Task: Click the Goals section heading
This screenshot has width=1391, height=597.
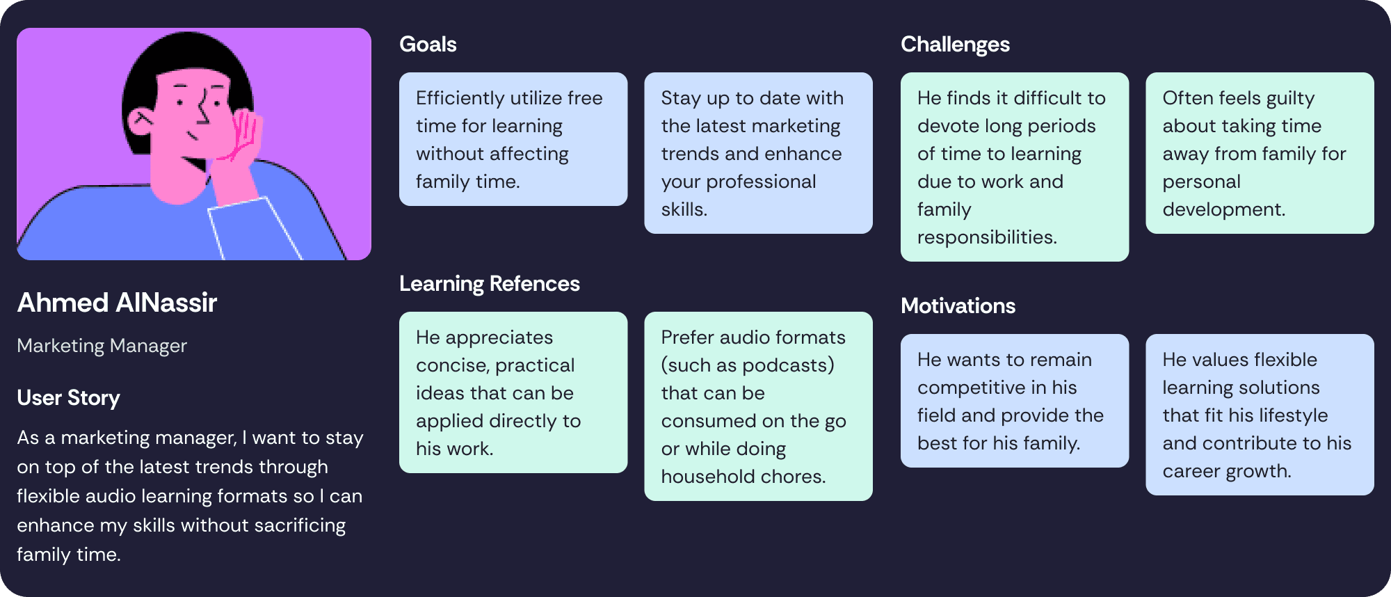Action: coord(428,45)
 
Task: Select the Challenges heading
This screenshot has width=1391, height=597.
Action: coord(955,45)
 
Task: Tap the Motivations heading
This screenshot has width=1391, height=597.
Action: coord(958,306)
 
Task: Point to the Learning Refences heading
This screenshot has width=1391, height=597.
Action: coord(490,284)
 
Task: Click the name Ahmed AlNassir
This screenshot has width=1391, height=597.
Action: coord(117,303)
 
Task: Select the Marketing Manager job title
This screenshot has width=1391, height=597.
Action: coord(102,346)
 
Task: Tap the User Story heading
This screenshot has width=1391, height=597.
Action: coord(68,398)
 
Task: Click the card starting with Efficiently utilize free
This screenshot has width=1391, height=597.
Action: coord(513,139)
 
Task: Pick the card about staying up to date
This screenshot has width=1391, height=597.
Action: coord(758,153)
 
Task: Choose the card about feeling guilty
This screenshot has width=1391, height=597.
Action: coord(1260,153)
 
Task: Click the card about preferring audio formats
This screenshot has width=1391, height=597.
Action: coord(758,406)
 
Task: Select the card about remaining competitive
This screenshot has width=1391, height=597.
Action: coord(1015,401)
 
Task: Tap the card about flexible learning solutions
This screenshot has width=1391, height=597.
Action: coord(1260,415)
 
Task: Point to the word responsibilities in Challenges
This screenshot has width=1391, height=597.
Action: coord(987,237)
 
